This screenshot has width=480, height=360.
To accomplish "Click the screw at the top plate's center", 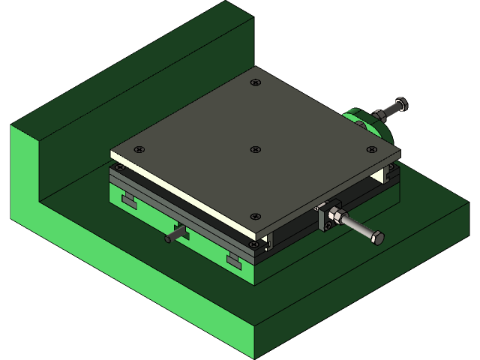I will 255,149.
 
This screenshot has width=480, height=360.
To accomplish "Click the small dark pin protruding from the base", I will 172,237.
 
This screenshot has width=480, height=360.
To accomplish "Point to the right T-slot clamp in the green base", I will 235,259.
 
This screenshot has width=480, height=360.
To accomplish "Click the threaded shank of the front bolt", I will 358,229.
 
